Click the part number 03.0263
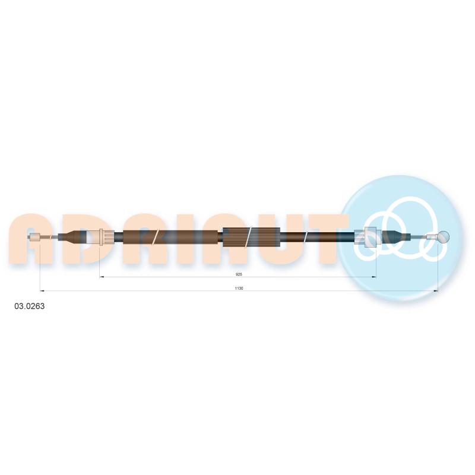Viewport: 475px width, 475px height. click(x=29, y=306)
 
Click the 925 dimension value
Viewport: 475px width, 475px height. click(x=239, y=274)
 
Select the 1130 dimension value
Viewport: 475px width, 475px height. click(x=239, y=289)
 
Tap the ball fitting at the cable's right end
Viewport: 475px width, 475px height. click(x=443, y=237)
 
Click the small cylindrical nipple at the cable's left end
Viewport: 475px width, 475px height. click(x=35, y=237)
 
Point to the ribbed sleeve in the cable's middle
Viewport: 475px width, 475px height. click(x=252, y=237)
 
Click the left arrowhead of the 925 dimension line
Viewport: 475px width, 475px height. click(x=102, y=277)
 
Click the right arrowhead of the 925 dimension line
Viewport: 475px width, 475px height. click(x=374, y=277)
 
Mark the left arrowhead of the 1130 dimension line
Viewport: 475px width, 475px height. click(x=42, y=291)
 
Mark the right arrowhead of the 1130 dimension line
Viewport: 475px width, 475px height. click(x=436, y=291)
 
